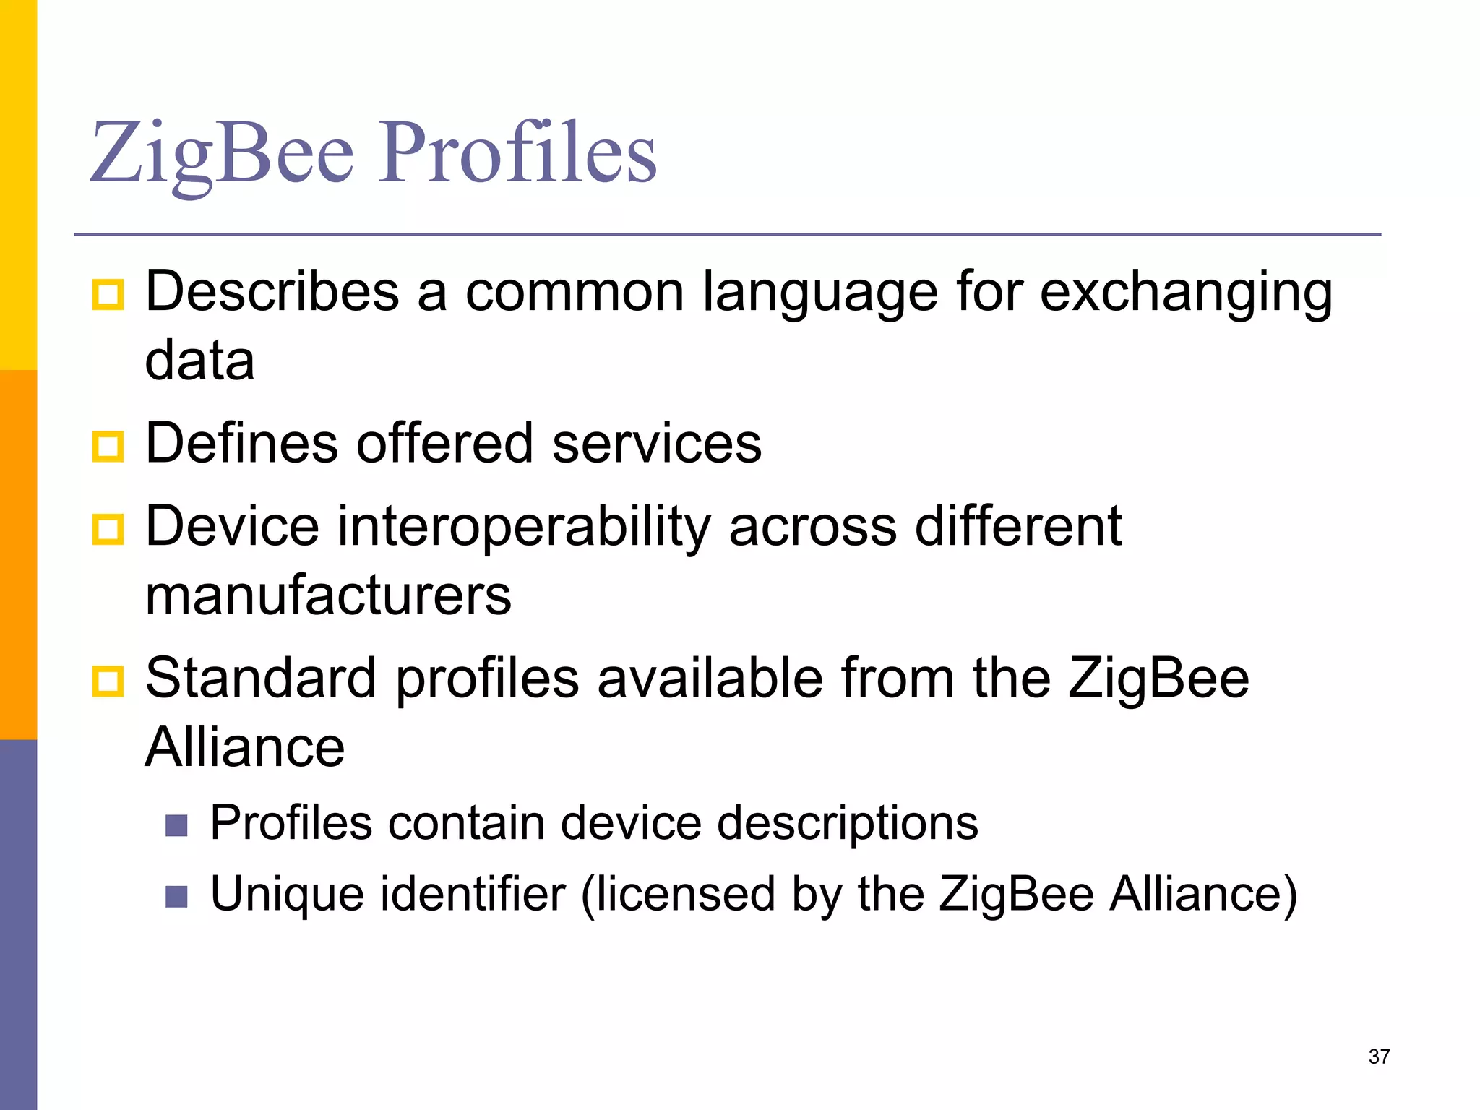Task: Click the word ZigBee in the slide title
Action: [x=222, y=153]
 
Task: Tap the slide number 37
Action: [x=1379, y=1057]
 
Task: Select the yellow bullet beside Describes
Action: [x=108, y=295]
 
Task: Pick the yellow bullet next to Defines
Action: [x=108, y=446]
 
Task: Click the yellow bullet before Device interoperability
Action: [x=108, y=529]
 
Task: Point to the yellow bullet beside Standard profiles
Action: [x=108, y=681]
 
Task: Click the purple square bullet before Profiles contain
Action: [x=176, y=825]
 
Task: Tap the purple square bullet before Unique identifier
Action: [x=176, y=896]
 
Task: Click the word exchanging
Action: [x=1186, y=293]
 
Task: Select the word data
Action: [x=199, y=360]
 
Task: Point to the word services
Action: [x=656, y=443]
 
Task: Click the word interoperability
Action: [x=524, y=528]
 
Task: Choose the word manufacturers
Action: [x=328, y=595]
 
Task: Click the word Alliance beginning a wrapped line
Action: [x=245, y=747]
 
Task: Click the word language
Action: [x=820, y=293]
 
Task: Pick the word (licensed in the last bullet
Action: [x=678, y=895]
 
